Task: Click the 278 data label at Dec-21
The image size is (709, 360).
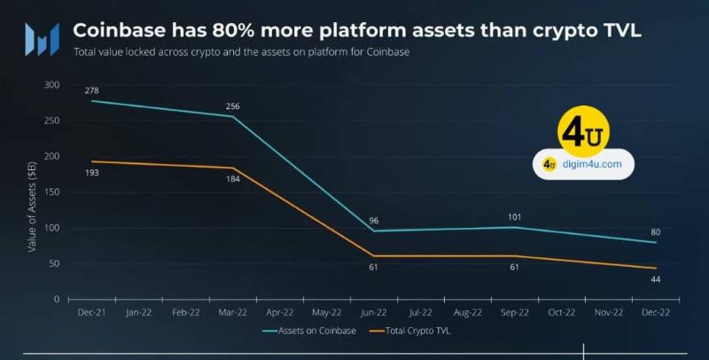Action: [92, 91]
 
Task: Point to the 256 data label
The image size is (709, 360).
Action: [232, 106]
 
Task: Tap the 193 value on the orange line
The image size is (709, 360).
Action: [92, 173]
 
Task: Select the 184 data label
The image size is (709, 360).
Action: [232, 179]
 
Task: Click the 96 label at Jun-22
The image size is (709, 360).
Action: [373, 221]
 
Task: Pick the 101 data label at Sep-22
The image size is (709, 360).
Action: [514, 217]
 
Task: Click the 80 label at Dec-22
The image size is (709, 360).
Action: [655, 232]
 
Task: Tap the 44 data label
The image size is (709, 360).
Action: [655, 279]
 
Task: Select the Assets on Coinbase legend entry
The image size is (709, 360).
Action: [309, 331]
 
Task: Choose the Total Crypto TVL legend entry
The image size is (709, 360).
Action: [409, 331]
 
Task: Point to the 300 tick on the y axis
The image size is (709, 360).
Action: [52, 85]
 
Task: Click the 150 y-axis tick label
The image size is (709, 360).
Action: [52, 192]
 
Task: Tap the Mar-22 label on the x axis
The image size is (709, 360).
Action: [233, 312]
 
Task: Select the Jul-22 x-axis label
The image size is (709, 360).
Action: [420, 312]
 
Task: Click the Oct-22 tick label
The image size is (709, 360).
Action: [562, 312]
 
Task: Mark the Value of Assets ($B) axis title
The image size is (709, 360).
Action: [32, 207]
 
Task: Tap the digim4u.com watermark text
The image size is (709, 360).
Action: [592, 164]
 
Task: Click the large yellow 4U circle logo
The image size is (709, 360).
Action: [583, 131]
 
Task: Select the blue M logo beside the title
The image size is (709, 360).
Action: [42, 39]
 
